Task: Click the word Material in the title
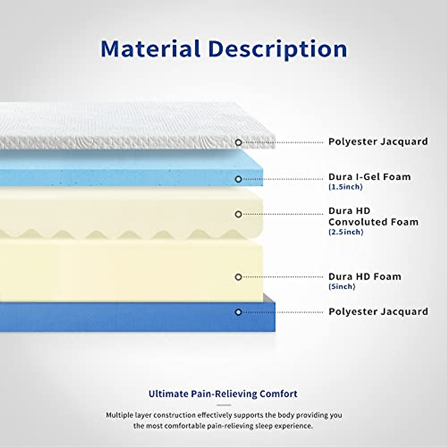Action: coord(150,49)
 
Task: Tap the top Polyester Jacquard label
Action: coord(378,142)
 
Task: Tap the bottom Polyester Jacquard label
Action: coord(378,311)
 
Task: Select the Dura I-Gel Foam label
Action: coord(369,177)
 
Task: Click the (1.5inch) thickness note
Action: coord(345,187)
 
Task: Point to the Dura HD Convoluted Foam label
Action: coord(373,216)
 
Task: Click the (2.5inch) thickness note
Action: coord(346,232)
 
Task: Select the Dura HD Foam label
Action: coord(365,277)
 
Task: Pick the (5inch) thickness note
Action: coord(342,287)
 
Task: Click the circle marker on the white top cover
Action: coord(238,142)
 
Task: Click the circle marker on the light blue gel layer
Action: coord(238,179)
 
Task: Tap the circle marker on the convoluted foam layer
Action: coord(238,214)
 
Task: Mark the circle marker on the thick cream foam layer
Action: coord(238,277)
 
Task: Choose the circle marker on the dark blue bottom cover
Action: coord(238,312)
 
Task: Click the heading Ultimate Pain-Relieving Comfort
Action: coord(223,394)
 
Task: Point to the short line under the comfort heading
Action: coord(223,405)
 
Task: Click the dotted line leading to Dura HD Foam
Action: coord(283,277)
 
